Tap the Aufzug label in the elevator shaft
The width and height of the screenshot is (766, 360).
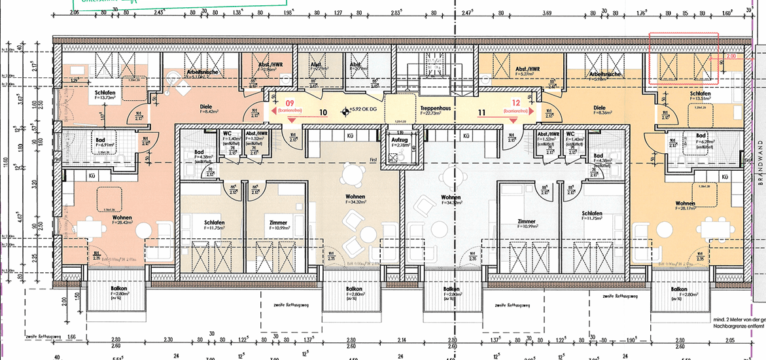[x=399, y=141]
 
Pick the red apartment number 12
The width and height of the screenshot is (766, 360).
[x=515, y=103]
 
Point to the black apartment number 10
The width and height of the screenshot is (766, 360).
[x=322, y=113]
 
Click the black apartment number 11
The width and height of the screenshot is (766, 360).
[x=481, y=113]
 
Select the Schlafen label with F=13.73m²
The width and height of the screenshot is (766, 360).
[x=105, y=93]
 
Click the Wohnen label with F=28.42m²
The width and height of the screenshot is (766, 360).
[x=122, y=217]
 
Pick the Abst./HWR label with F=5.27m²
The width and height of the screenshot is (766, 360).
[x=527, y=69]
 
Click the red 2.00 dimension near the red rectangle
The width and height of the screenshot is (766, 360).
[x=731, y=57]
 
